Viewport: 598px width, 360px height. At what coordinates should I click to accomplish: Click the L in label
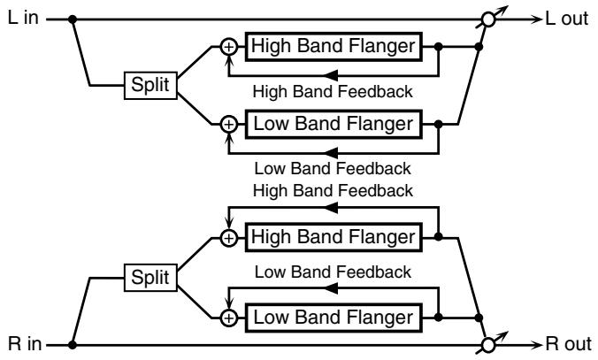23,18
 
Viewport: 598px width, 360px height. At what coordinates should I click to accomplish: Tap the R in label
25,343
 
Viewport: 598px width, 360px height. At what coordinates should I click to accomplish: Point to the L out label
567,19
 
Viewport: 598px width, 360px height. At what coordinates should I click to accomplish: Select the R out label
568,343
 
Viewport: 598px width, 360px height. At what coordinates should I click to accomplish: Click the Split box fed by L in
150,86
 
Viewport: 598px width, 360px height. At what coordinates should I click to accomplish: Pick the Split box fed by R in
150,278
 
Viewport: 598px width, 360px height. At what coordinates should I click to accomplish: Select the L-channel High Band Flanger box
333,47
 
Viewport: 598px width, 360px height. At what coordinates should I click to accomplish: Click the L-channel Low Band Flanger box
333,124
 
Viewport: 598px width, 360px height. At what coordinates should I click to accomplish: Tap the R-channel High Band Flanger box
333,237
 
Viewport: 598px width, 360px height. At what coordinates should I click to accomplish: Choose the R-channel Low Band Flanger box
333,318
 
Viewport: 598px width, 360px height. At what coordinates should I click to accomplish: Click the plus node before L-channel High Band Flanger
229,47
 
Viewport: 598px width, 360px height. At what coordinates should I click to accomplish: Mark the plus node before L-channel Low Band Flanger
229,125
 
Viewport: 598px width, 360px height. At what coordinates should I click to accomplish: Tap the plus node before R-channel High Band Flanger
229,238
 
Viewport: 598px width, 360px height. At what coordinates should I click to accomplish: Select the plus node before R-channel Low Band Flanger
229,318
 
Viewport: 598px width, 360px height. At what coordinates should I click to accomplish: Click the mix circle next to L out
488,19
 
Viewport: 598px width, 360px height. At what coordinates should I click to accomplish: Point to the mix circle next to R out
488,345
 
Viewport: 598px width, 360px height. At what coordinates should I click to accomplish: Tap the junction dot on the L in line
72,19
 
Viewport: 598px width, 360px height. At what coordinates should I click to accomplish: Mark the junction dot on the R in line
72,345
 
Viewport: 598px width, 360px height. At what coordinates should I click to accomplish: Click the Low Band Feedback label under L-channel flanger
333,169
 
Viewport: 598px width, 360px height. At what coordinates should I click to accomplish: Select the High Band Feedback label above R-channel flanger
333,191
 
